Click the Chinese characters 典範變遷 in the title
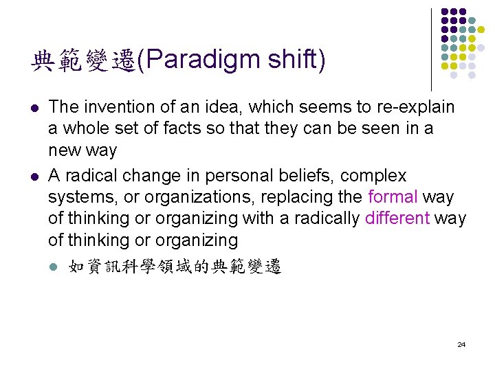click(x=82, y=61)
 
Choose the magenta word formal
click(x=393, y=196)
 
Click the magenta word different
click(x=397, y=218)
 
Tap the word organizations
click(x=192, y=196)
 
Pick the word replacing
click(x=299, y=196)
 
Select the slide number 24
click(x=461, y=344)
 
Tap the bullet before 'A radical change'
click(x=34, y=177)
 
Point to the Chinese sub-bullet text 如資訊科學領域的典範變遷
click(x=175, y=267)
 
